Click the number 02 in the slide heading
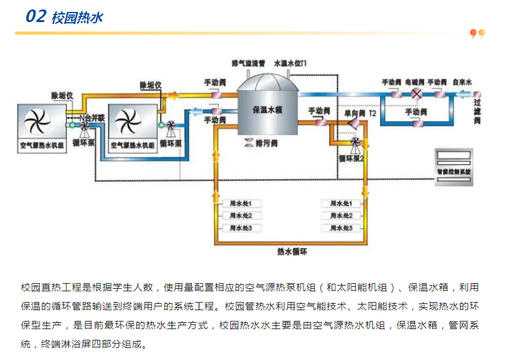35,16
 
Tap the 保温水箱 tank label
267,109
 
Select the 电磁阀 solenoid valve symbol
416,94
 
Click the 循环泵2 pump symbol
355,144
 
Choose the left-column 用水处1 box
240,204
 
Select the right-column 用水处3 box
341,228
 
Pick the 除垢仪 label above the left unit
62,95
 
